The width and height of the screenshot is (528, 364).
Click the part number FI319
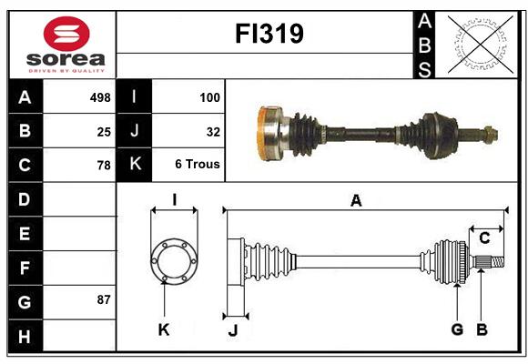[269, 34]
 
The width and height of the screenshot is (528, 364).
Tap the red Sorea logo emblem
[66, 34]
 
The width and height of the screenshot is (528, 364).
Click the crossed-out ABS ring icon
[481, 44]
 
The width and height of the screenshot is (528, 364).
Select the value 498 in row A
[100, 97]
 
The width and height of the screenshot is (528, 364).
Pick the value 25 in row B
[104, 132]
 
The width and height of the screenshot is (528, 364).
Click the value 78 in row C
[104, 166]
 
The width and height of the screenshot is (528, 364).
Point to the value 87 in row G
[104, 299]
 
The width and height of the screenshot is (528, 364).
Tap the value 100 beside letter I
[209, 97]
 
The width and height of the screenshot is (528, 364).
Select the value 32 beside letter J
[213, 132]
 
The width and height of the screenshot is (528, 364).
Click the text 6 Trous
[198, 164]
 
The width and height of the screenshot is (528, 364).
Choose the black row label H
[25, 336]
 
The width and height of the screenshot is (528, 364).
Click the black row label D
[25, 199]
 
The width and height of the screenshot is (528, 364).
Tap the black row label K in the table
[135, 164]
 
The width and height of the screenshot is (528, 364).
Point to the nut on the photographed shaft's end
[491, 135]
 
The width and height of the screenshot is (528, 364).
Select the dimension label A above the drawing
[356, 201]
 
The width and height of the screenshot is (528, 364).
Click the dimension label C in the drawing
[484, 238]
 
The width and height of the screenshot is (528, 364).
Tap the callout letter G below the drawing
[457, 329]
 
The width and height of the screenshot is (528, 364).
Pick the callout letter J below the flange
[233, 330]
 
